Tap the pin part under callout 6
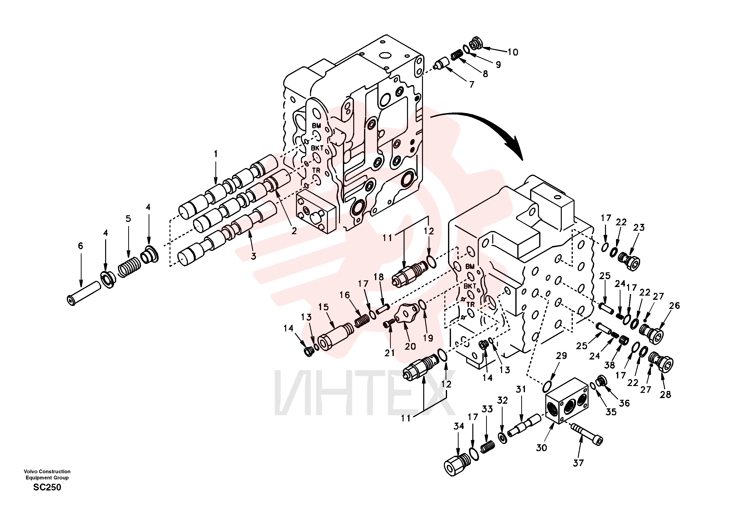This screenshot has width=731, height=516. pyautogui.click(x=84, y=292)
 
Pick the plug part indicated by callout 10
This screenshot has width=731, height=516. pyautogui.click(x=476, y=43)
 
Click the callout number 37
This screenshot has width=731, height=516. pyautogui.click(x=578, y=463)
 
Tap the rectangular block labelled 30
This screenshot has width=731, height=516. pyautogui.click(x=567, y=401)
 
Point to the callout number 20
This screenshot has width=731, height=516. pyautogui.click(x=410, y=346)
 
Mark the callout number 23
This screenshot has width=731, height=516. pyautogui.click(x=639, y=228)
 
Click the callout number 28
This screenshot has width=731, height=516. pyautogui.click(x=665, y=394)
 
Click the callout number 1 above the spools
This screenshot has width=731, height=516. pyautogui.click(x=216, y=154)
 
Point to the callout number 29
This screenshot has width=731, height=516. pyautogui.click(x=561, y=356)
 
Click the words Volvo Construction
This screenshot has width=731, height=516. pyautogui.click(x=47, y=472)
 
